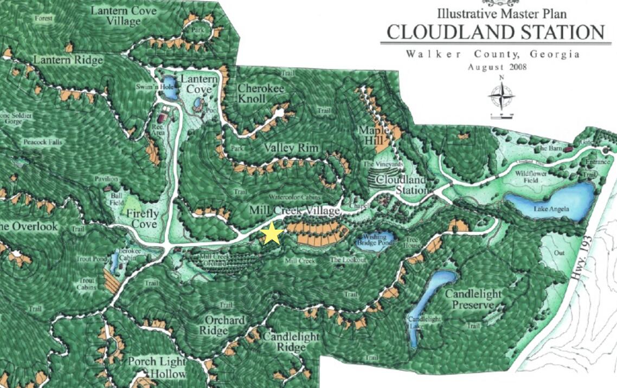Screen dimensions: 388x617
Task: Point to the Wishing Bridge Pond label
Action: click(x=374, y=240)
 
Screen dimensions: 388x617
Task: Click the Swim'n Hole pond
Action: click(x=169, y=93)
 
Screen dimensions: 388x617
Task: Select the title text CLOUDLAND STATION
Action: click(x=495, y=33)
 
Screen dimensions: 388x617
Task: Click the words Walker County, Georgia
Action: click(x=492, y=55)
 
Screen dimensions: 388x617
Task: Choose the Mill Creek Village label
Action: click(x=294, y=210)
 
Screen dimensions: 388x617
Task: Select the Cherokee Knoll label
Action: click(x=259, y=93)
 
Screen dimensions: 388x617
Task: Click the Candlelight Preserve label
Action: click(x=473, y=300)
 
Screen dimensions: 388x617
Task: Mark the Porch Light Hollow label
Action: click(x=157, y=367)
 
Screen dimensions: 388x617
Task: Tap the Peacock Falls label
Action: click(x=43, y=142)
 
